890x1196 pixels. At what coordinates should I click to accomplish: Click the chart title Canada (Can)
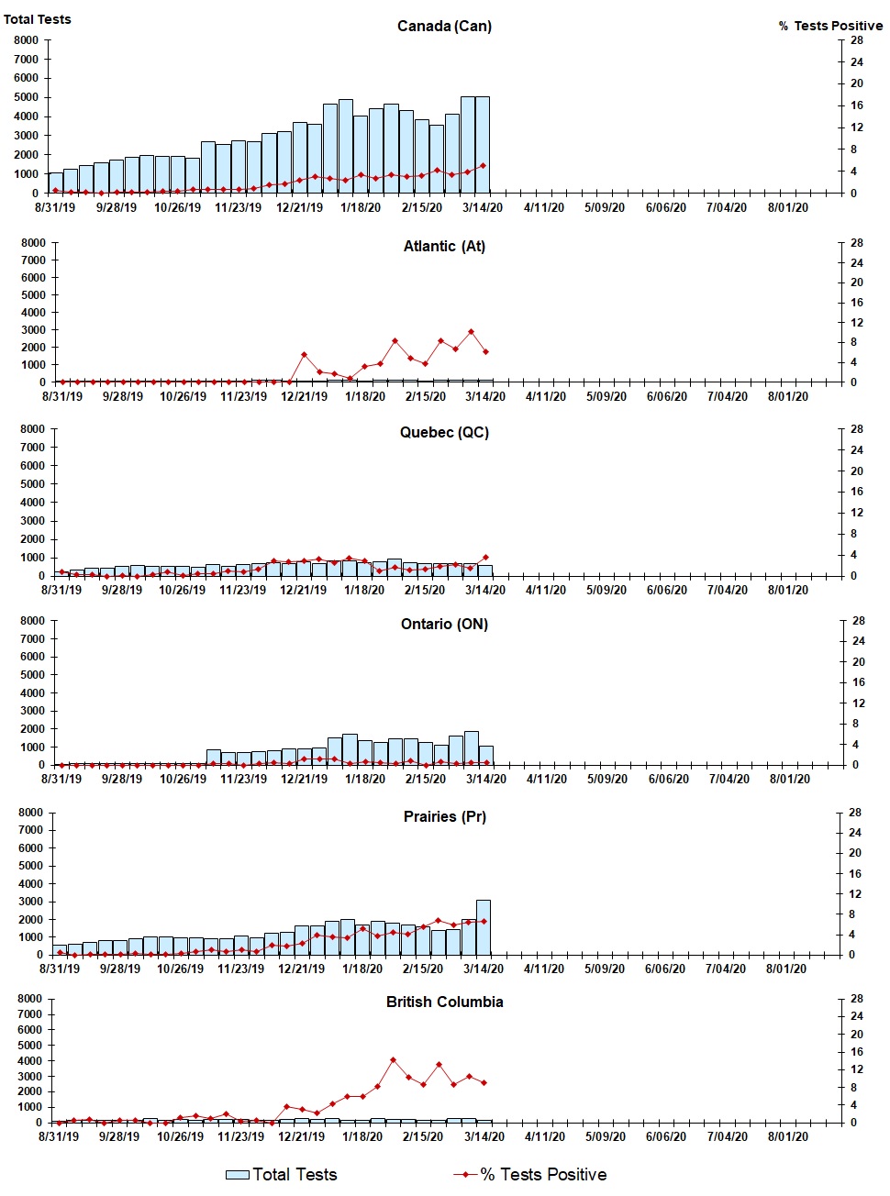(444, 26)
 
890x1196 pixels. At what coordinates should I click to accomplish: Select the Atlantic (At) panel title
(444, 246)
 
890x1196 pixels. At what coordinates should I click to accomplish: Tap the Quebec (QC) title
(444, 432)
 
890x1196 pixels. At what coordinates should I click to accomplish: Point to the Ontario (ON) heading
(444, 624)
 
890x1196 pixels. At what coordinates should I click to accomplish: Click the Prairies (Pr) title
(444, 816)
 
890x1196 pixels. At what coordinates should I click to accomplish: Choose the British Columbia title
(444, 1002)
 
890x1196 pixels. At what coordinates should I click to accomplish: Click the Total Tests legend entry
(282, 1175)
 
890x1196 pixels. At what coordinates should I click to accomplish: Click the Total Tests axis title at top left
(37, 19)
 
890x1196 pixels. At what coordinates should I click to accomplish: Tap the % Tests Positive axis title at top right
(830, 26)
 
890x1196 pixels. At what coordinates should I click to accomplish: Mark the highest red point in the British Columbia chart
(393, 1060)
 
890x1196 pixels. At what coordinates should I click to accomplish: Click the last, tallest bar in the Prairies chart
(483, 926)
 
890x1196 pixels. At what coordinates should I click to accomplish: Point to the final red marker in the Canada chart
(483, 166)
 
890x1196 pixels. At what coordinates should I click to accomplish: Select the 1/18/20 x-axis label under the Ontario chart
(364, 779)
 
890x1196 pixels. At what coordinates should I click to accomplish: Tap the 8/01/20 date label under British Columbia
(787, 1136)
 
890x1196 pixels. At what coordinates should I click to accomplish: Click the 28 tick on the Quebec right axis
(857, 429)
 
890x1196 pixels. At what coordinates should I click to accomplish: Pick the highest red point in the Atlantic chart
(471, 332)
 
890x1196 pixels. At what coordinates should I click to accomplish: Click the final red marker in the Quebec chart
(485, 557)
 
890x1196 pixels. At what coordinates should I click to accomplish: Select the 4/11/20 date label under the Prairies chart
(543, 969)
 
